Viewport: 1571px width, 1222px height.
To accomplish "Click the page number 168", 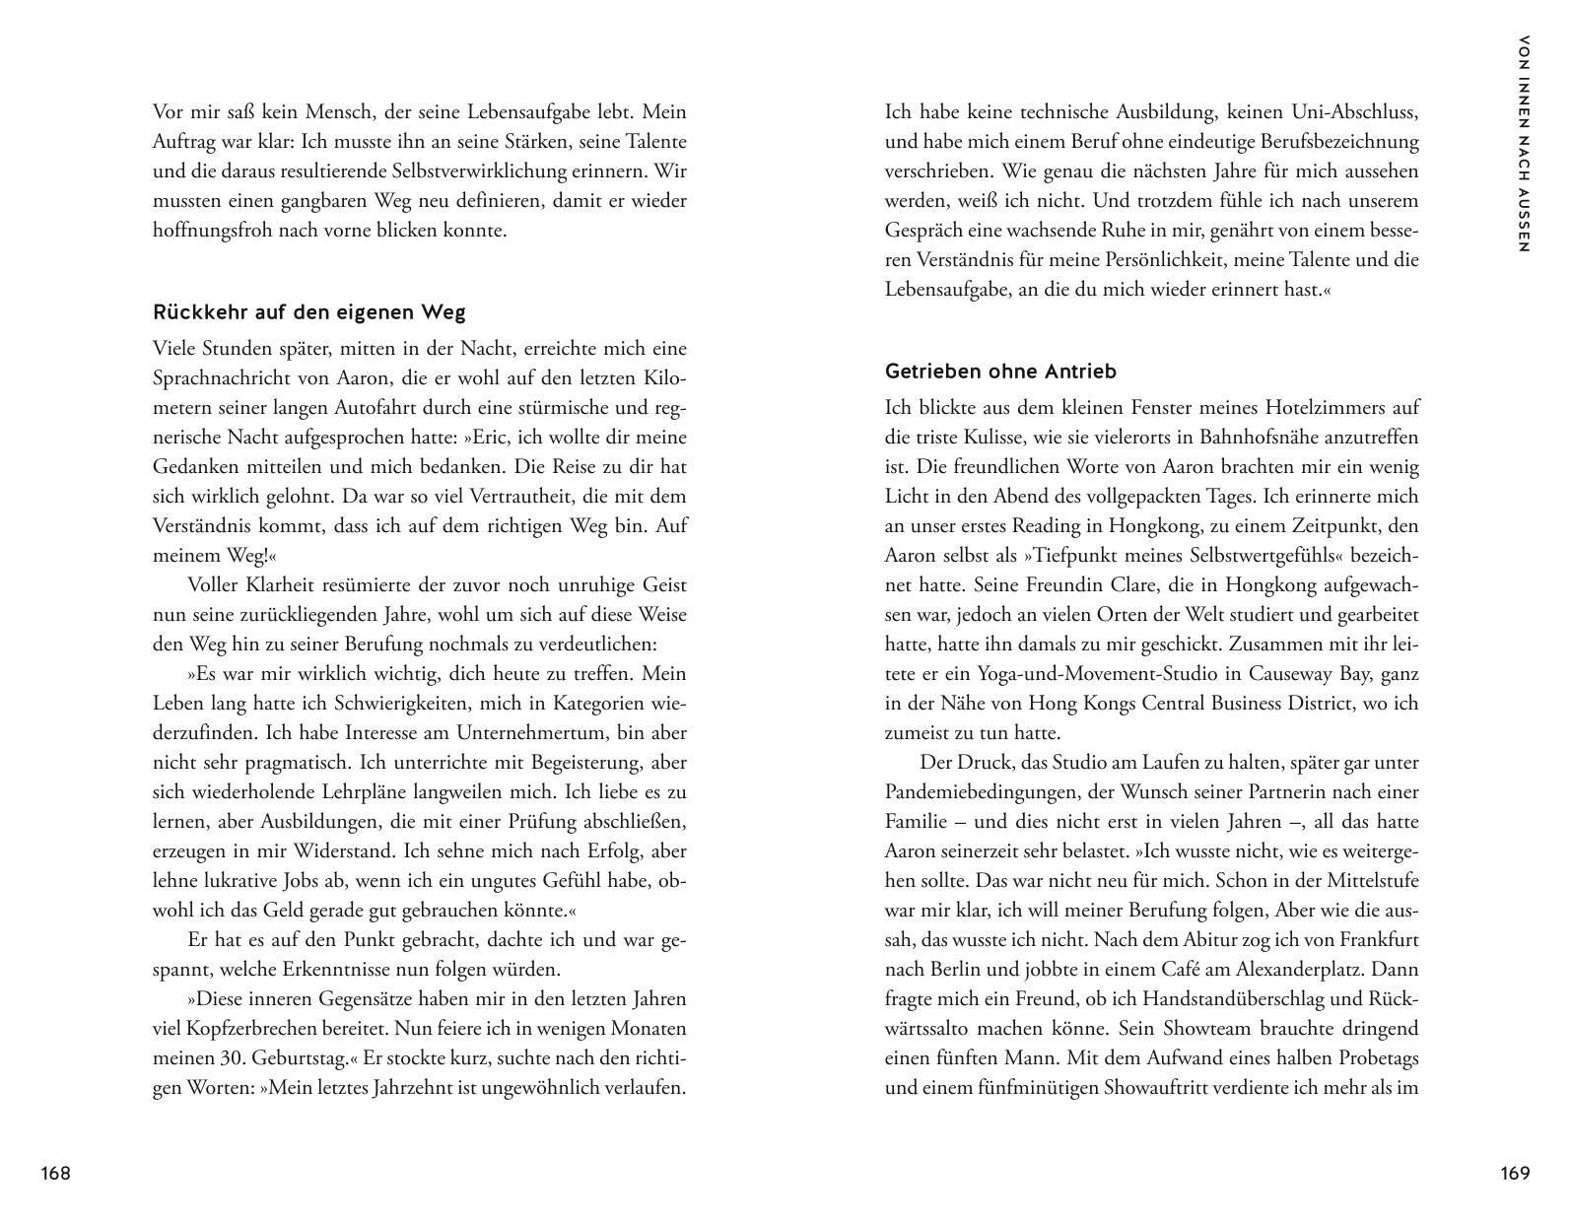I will tap(55, 1173).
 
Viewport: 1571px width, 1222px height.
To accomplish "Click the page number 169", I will tap(1515, 1173).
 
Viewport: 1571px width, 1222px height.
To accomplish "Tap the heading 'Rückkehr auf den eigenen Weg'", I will tap(308, 312).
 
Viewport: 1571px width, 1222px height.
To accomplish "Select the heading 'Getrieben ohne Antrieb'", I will tap(1000, 372).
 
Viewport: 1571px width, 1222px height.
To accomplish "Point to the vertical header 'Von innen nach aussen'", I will tap(1524, 144).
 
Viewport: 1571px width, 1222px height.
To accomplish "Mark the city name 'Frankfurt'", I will tap(1377, 940).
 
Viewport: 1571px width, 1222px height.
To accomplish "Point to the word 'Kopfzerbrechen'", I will tap(221, 1029).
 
